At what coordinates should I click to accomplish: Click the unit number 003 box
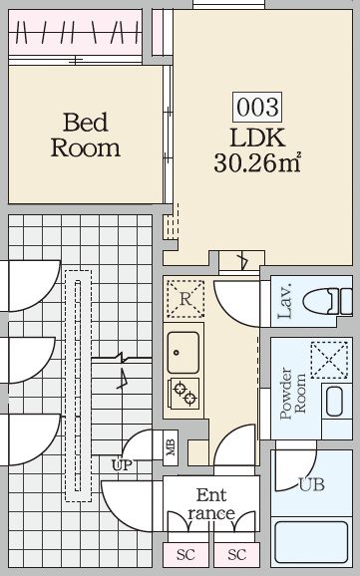click(x=257, y=107)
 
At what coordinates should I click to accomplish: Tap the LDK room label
click(x=257, y=138)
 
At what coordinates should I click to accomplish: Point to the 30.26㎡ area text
click(x=257, y=162)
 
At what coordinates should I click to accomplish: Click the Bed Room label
click(x=86, y=136)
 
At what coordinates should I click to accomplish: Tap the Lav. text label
click(x=285, y=301)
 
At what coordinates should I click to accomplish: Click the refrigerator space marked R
click(x=185, y=299)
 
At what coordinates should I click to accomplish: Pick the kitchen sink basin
click(x=183, y=353)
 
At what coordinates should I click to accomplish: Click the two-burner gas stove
click(x=183, y=394)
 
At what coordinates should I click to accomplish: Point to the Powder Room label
click(x=292, y=394)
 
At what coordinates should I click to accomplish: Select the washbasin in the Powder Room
click(x=335, y=402)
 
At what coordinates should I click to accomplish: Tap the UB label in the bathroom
click(x=312, y=485)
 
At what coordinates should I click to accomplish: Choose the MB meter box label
click(x=171, y=447)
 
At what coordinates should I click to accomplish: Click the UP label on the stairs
click(x=122, y=465)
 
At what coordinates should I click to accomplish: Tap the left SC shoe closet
click(x=185, y=554)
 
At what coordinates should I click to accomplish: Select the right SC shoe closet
click(x=236, y=554)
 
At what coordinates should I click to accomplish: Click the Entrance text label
click(x=211, y=504)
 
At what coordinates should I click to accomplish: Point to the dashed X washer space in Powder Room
click(x=329, y=360)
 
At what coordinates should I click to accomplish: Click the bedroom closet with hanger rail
click(x=75, y=32)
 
